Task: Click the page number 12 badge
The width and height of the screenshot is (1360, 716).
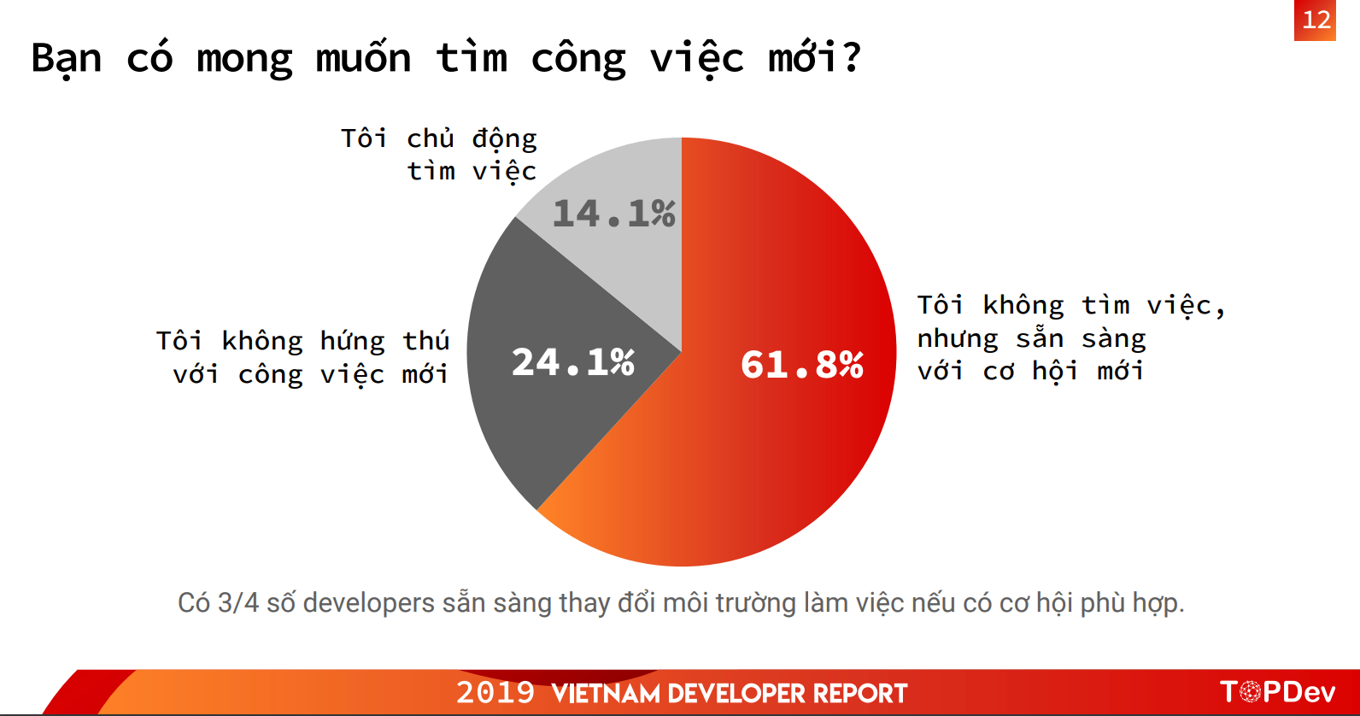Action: pos(1315,20)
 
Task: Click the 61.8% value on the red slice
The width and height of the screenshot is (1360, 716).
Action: pos(802,365)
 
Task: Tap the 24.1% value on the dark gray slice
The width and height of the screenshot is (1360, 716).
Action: pos(573,362)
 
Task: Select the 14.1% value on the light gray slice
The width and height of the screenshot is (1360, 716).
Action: pos(614,214)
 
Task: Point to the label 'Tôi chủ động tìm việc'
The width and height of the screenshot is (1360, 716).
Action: pos(439,155)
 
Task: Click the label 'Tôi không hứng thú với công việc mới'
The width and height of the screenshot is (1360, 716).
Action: pos(302,358)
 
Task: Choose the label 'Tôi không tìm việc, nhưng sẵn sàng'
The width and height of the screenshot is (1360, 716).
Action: pos(1071,321)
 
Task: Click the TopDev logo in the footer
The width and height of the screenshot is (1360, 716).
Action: pos(1278,692)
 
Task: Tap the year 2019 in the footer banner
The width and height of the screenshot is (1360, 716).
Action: pos(495,693)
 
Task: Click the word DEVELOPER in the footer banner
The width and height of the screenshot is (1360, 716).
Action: pos(736,694)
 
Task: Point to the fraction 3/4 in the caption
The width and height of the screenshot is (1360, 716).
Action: pos(238,603)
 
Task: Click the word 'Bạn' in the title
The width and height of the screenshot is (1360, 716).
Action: pos(66,59)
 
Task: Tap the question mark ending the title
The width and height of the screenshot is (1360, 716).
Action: pos(851,56)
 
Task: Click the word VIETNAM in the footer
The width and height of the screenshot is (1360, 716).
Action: pos(606,694)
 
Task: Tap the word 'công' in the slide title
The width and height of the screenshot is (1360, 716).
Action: pos(578,59)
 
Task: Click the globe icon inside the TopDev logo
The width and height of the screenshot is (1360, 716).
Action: pos(1250,692)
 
